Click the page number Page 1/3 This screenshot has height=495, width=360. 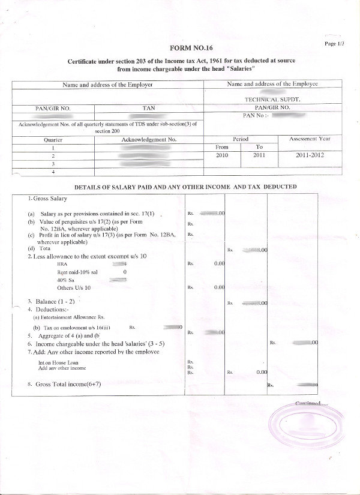coord(334,44)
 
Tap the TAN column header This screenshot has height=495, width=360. coord(149,108)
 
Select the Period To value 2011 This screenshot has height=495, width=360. coord(259,155)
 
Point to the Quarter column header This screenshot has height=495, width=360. coord(53,139)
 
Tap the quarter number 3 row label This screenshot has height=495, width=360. coord(53,163)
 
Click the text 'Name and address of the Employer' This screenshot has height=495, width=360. coord(107,85)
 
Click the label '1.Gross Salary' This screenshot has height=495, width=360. coord(47,199)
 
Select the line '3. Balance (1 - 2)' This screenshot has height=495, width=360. coord(50,301)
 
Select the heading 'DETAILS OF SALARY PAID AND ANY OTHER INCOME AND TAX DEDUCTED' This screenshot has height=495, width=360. coord(185,187)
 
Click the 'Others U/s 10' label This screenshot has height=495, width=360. coord(74,287)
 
